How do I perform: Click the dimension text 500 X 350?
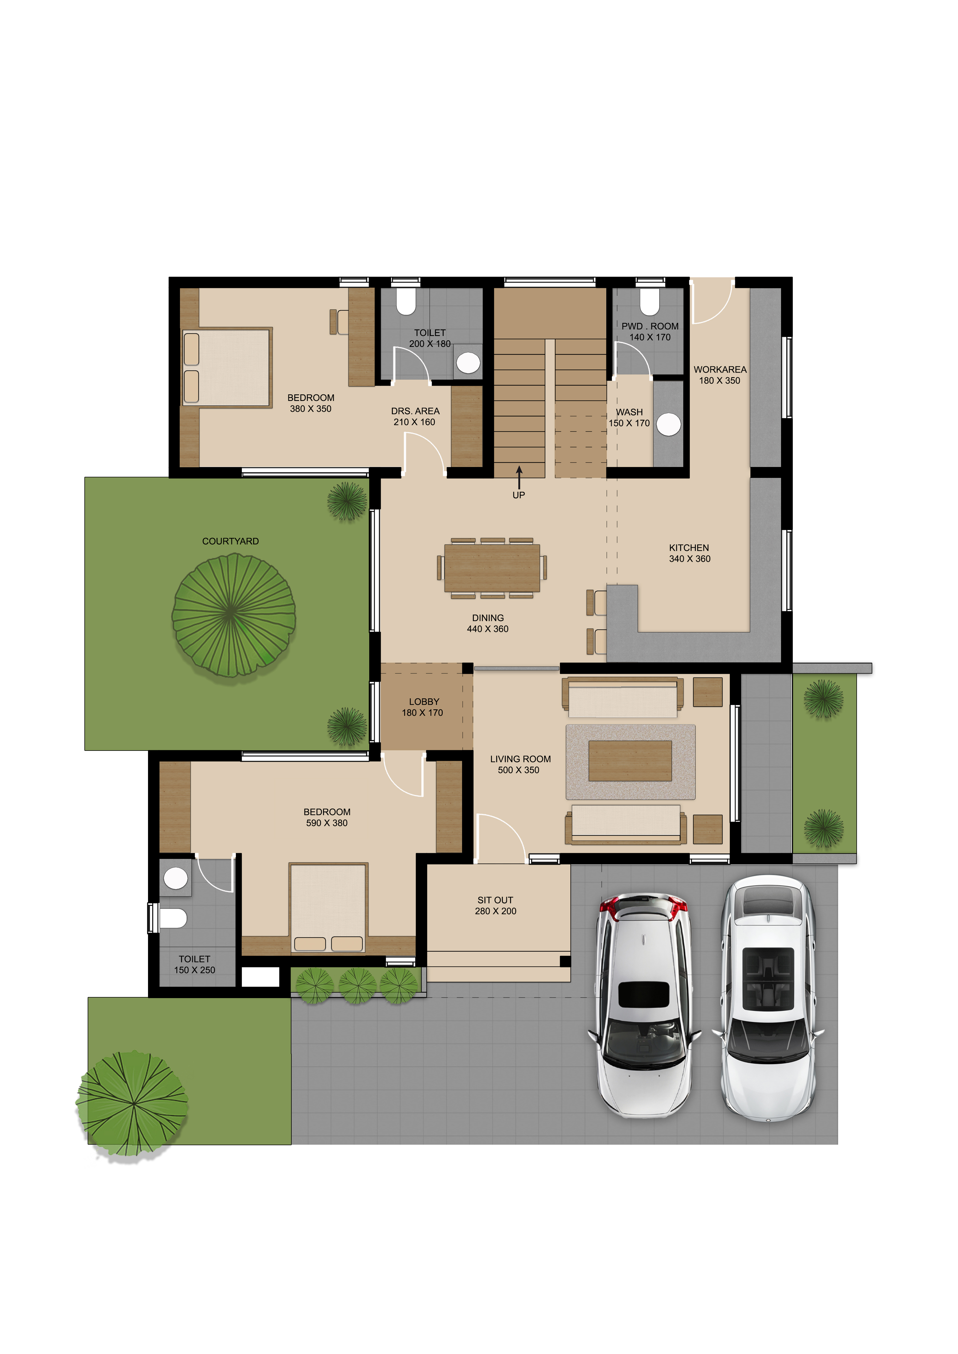[519, 770]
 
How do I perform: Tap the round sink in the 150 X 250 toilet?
[175, 878]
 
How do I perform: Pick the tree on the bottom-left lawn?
[132, 1102]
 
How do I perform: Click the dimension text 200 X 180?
[430, 344]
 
